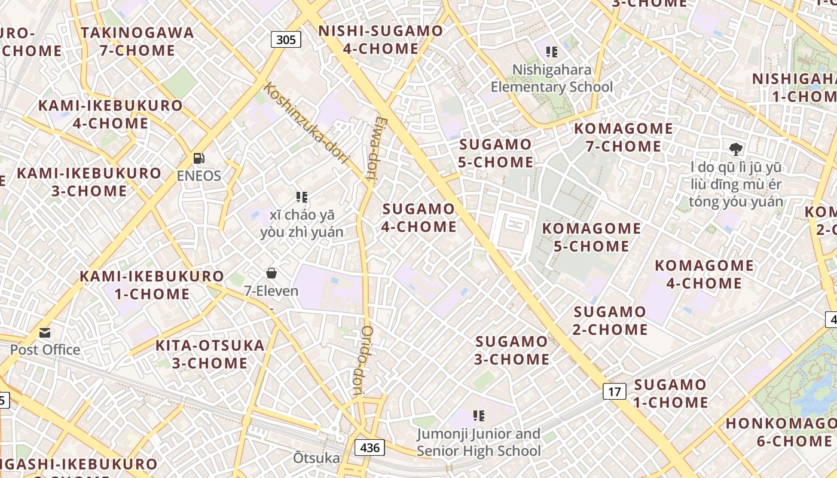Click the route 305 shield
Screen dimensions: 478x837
pyautogui.click(x=286, y=40)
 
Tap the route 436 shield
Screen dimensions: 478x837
pyautogui.click(x=369, y=447)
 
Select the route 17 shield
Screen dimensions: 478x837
pyautogui.click(x=614, y=391)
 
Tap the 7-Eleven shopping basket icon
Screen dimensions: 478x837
pyautogui.click(x=271, y=273)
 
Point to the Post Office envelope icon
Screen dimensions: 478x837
pyautogui.click(x=45, y=333)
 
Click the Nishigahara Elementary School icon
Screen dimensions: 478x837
pyautogui.click(x=552, y=52)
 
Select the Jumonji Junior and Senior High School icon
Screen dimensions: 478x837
pyautogui.click(x=478, y=415)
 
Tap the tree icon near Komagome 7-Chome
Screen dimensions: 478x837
pyautogui.click(x=736, y=149)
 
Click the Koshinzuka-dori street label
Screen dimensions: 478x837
pyautogui.click(x=306, y=123)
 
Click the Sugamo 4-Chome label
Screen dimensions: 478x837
pyautogui.click(x=419, y=218)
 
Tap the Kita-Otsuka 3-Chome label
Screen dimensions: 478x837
pyautogui.click(x=210, y=354)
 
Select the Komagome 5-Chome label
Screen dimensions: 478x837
pyautogui.click(x=591, y=237)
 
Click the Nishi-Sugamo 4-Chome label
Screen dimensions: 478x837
pyautogui.click(x=381, y=40)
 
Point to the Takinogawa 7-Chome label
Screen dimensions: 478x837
pyautogui.click(x=138, y=41)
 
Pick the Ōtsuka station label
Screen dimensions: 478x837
pyautogui.click(x=316, y=458)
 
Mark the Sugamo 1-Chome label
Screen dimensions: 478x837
pyautogui.click(x=670, y=393)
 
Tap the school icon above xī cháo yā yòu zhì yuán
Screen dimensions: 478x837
pyautogui.click(x=302, y=197)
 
